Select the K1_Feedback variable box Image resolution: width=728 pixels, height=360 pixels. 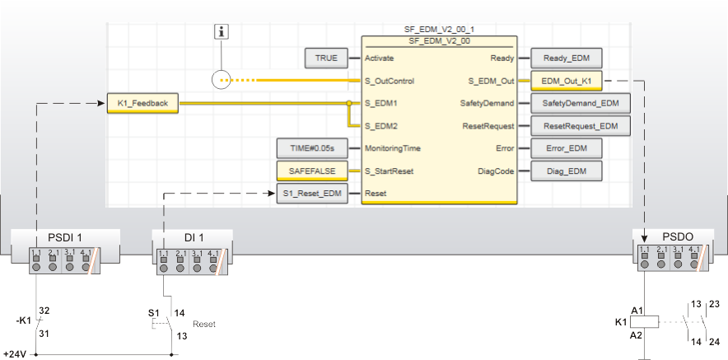click(x=142, y=104)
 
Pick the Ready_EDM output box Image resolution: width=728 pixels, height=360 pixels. click(x=567, y=58)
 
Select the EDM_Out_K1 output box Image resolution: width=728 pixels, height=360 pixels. click(x=567, y=81)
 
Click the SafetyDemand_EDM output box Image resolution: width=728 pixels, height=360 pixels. click(x=575, y=104)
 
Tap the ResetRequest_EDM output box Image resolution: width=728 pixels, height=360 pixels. click(x=575, y=126)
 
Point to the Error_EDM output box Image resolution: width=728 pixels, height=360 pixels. click(x=567, y=149)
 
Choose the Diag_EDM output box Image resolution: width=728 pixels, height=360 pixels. click(x=567, y=171)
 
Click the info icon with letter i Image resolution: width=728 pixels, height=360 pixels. click(x=221, y=32)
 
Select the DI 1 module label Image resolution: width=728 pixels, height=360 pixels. click(x=190, y=238)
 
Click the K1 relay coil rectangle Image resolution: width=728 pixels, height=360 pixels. click(x=646, y=322)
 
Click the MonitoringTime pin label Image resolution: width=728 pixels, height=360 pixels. click(x=393, y=149)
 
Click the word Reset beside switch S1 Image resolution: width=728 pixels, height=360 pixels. click(x=203, y=325)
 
